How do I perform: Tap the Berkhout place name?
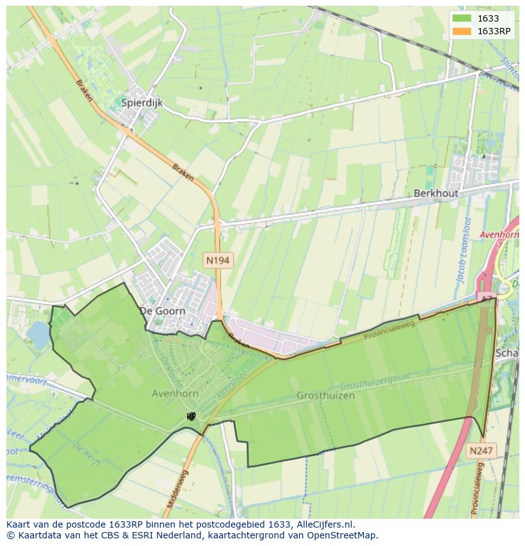(436, 193)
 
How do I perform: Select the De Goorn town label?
(162, 311)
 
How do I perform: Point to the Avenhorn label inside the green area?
(175, 394)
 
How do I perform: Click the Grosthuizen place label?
(325, 395)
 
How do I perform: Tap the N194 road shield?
(217, 260)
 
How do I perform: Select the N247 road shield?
(482, 450)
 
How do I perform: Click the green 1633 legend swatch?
(462, 18)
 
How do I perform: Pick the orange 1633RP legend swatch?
(462, 31)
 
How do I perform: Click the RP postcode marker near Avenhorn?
(191, 416)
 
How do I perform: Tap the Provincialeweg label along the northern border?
(389, 330)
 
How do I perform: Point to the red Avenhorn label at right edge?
(500, 235)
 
